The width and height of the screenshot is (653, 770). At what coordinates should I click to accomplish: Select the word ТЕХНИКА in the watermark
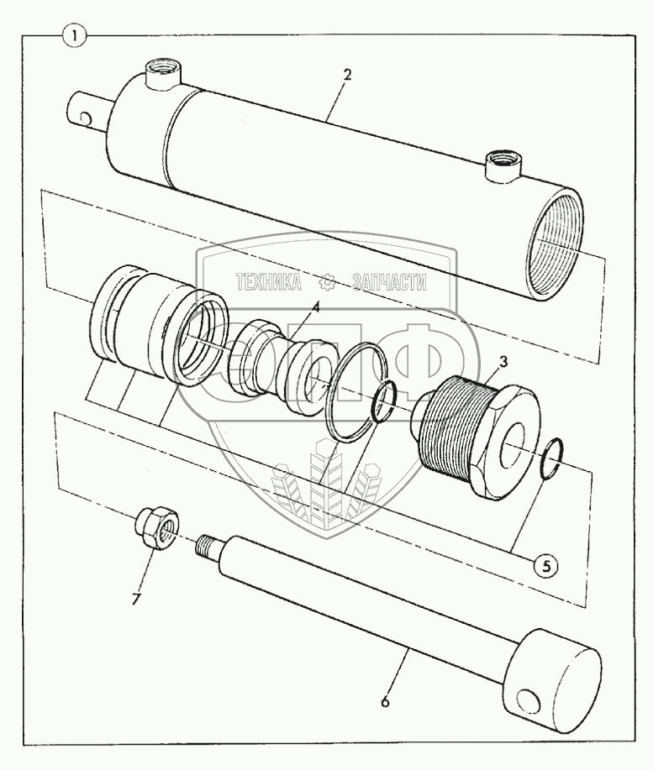tap(268, 282)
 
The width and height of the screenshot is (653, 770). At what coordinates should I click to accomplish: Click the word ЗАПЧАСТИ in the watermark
tap(389, 282)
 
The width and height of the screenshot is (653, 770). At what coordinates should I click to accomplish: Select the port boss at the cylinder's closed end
tap(161, 71)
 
